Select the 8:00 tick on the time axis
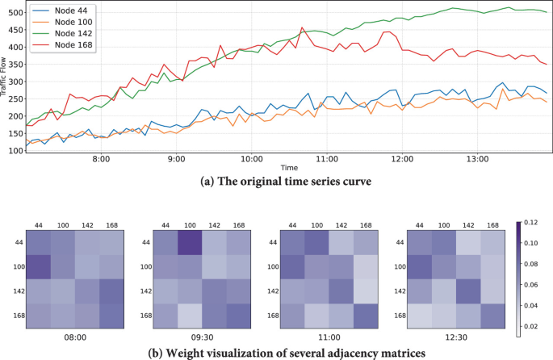pos(101,160)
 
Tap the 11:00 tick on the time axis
pos(326,160)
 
